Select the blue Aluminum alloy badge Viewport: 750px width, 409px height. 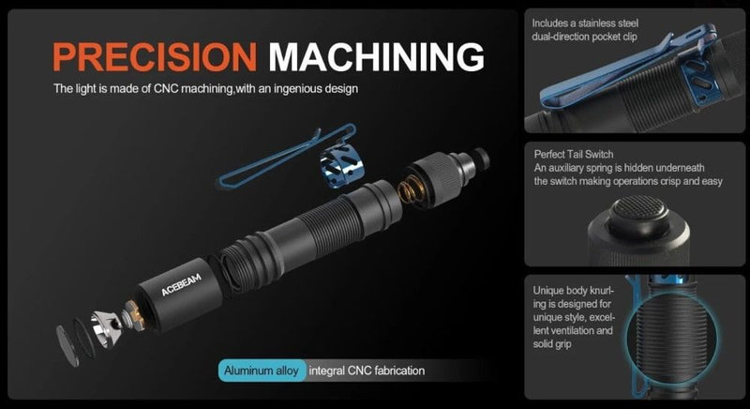pyautogui.click(x=262, y=371)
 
